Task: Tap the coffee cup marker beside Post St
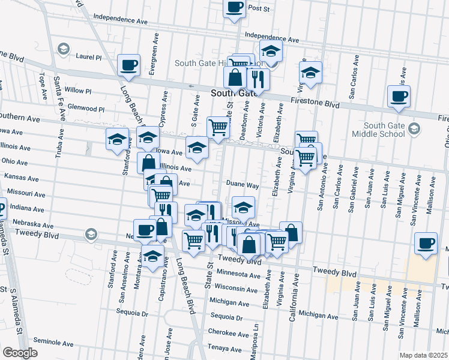pyautogui.click(x=235, y=8)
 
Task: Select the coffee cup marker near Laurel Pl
pyautogui.click(x=129, y=65)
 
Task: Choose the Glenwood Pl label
pyautogui.click(x=86, y=109)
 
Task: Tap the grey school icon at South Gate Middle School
pyautogui.click(x=414, y=128)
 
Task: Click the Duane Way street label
pyautogui.click(x=243, y=185)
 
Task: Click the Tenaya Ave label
pyautogui.click(x=224, y=348)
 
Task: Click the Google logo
pyautogui.click(x=20, y=353)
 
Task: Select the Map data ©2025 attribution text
pyautogui.click(x=424, y=355)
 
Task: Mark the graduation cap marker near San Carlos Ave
pyautogui.click(x=310, y=73)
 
